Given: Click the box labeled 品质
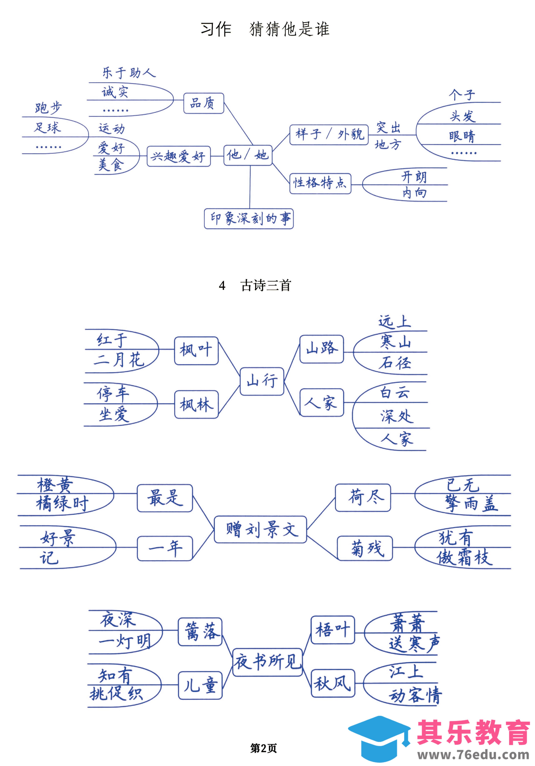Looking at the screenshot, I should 203,103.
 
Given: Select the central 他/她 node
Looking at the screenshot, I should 248,155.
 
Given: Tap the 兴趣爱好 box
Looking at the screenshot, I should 179,156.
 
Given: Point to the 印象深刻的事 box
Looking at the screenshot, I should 249,218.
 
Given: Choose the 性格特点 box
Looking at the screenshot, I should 320,183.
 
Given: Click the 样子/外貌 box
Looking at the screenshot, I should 329,134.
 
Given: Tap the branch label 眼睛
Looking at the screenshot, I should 462,136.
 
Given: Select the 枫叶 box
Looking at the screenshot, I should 196,350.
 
